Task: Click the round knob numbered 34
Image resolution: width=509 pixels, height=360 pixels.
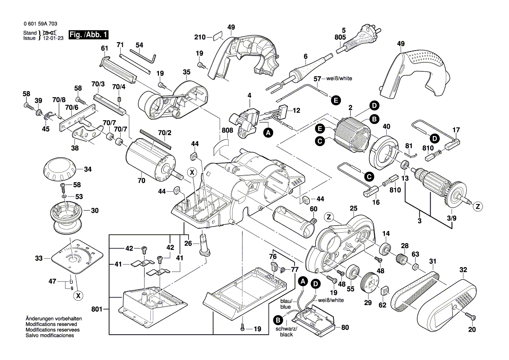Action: (x=59, y=170)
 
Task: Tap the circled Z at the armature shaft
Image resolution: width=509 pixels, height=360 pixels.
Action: (x=478, y=207)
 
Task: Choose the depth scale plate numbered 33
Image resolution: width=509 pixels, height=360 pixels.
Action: (x=76, y=257)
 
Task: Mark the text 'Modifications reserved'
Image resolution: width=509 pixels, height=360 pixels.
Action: (x=51, y=325)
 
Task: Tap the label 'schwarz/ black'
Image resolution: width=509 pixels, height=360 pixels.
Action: (x=287, y=332)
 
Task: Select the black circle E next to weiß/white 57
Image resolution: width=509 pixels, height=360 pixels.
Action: (x=335, y=100)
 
